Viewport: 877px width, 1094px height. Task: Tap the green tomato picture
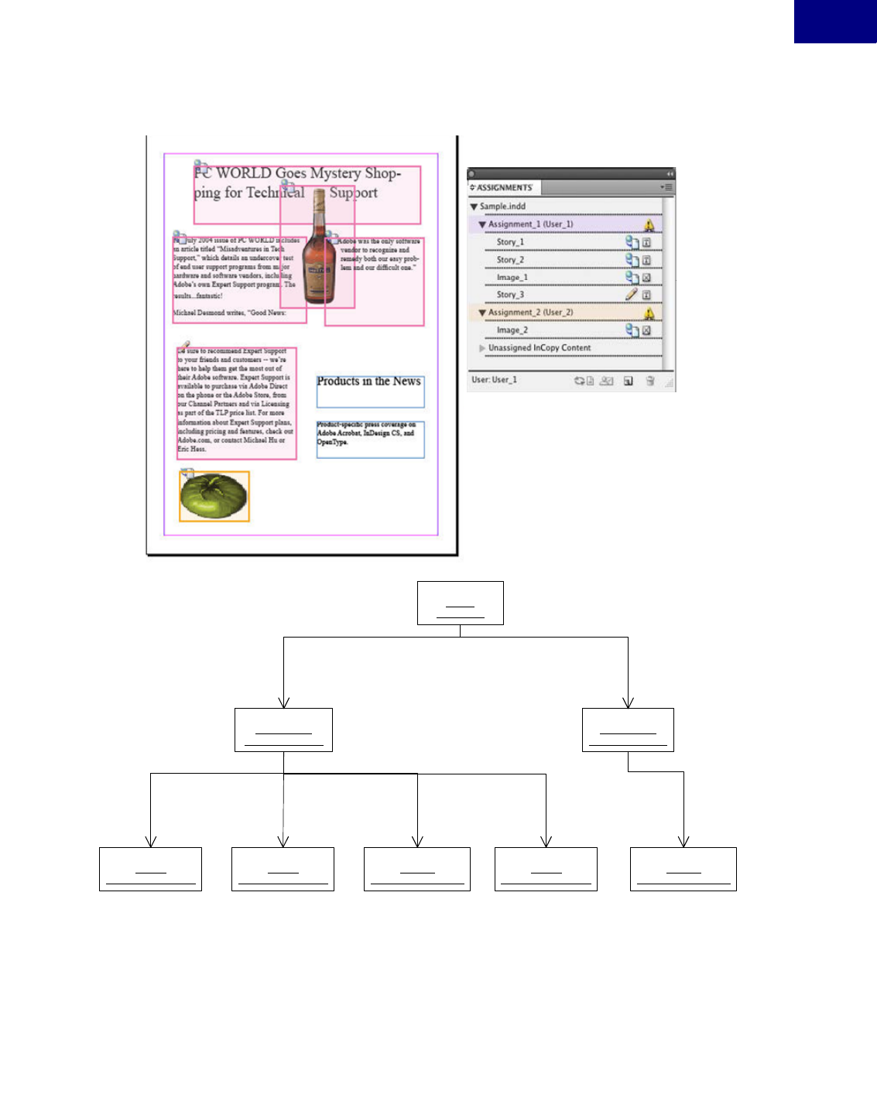[214, 496]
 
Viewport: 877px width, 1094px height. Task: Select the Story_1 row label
[510, 242]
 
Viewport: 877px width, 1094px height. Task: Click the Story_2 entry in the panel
[510, 260]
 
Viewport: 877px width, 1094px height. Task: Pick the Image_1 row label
[512, 278]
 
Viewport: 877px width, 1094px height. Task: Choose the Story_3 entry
[510, 295]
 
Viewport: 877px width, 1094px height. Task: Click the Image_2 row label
[512, 330]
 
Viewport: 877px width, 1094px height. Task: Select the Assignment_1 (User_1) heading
[530, 224]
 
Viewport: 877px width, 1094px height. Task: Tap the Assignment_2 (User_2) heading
[530, 313]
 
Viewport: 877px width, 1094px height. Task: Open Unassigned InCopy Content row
[539, 348]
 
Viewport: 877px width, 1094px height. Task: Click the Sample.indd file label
[502, 207]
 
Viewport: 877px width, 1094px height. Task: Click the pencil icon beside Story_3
[632, 294]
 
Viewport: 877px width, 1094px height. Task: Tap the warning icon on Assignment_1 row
[649, 224]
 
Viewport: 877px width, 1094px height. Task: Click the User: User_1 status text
[494, 380]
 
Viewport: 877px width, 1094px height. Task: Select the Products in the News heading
[369, 381]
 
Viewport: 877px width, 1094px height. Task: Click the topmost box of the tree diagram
[460, 603]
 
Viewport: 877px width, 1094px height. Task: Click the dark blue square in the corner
[835, 21]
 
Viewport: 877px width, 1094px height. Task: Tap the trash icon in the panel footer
[650, 381]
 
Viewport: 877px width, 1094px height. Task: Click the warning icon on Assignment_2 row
[649, 313]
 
